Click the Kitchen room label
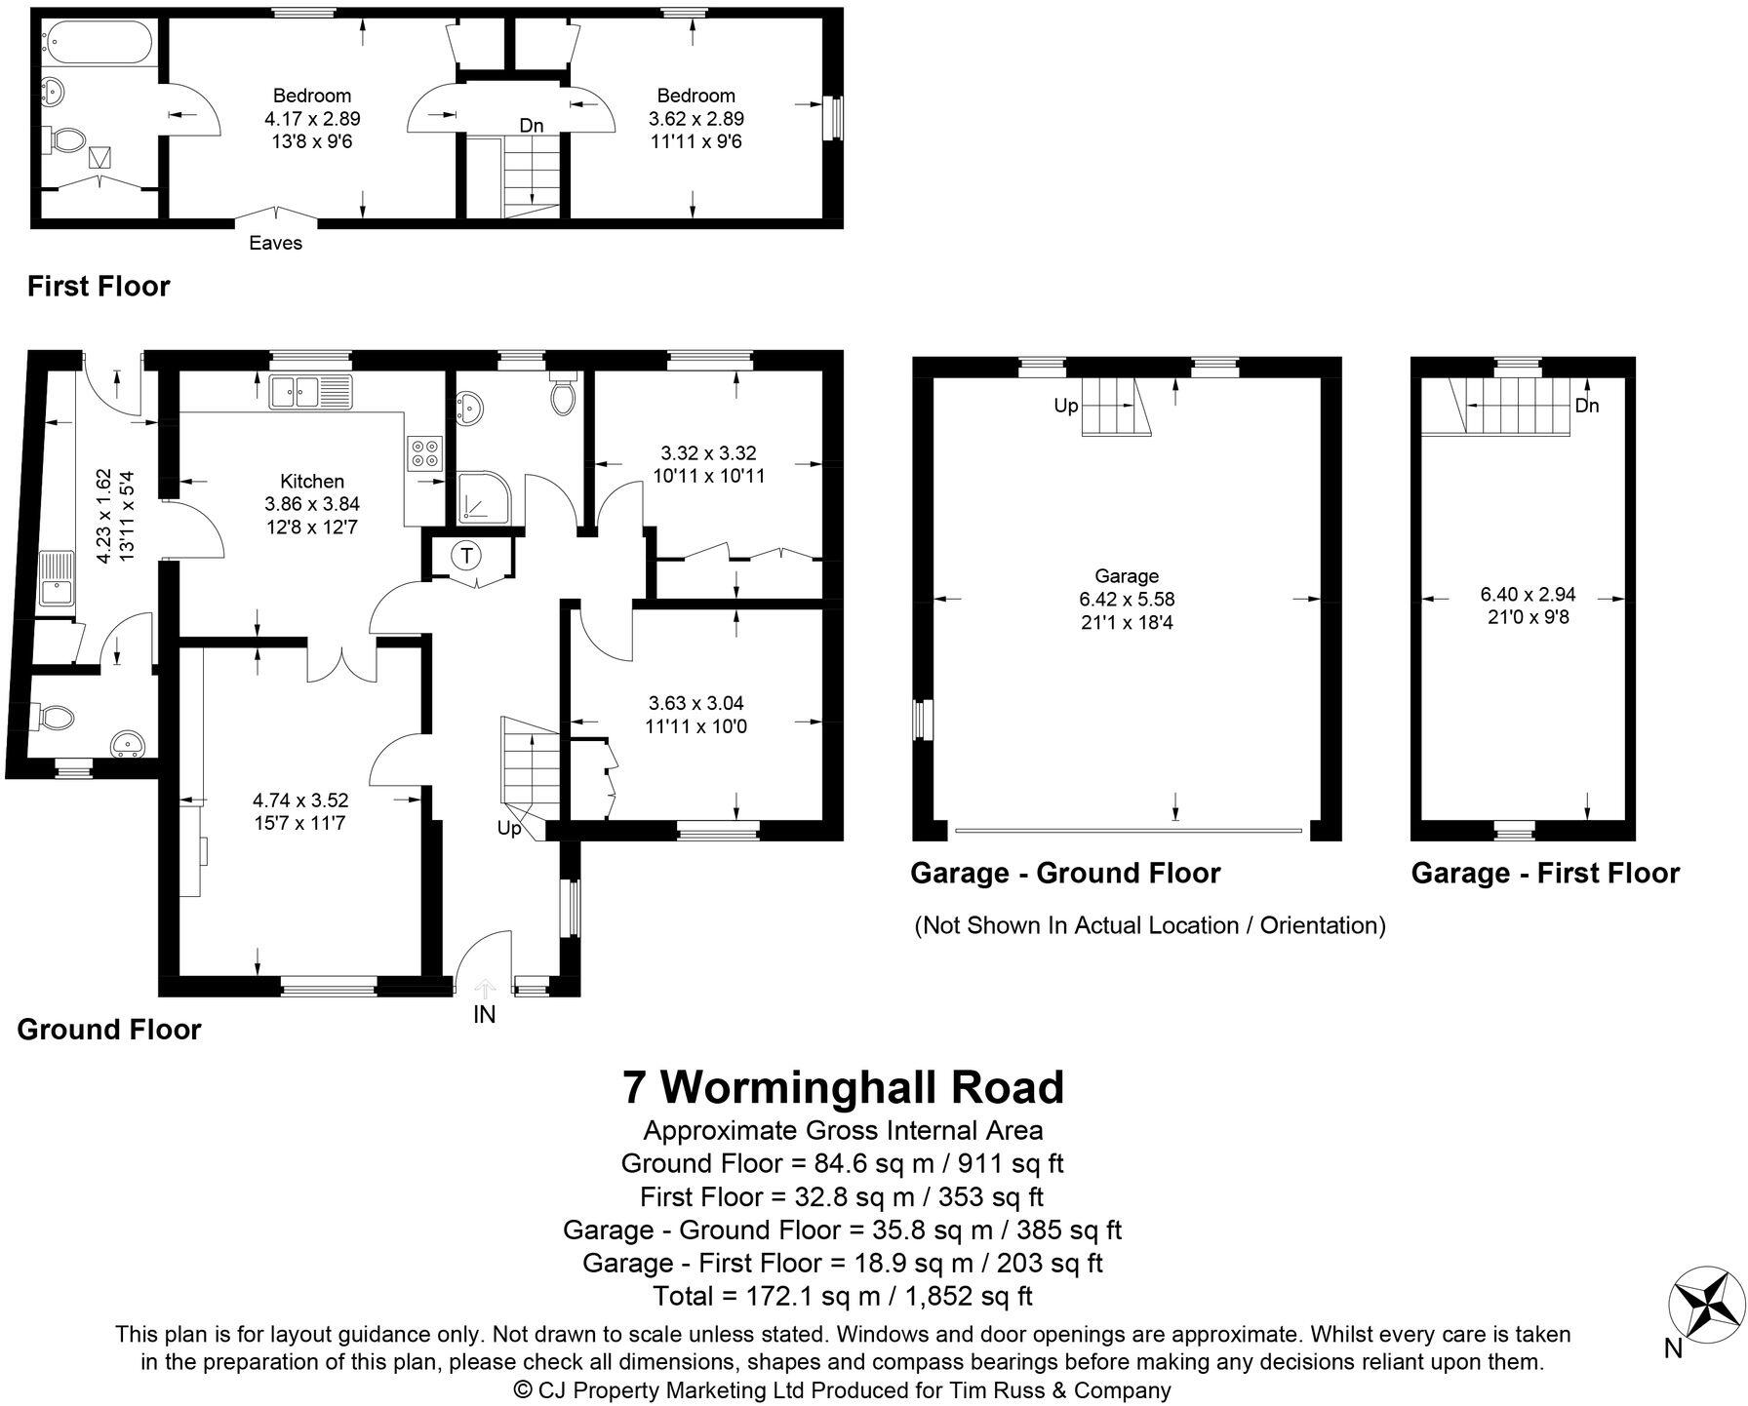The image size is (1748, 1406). [x=312, y=481]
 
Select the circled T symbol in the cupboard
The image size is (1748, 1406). [x=467, y=556]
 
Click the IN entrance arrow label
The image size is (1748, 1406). [x=485, y=1014]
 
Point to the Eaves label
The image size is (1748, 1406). [x=275, y=243]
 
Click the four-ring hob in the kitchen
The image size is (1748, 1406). [x=424, y=453]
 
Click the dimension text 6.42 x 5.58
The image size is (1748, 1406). [x=1127, y=599]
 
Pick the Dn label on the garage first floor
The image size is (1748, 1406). [x=1587, y=406]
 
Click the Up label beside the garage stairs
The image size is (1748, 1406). [x=1065, y=405]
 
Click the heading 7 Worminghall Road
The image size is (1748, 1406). [x=844, y=1086]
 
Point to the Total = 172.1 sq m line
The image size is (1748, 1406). [x=843, y=1296]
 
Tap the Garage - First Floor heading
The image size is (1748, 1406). [x=1545, y=873]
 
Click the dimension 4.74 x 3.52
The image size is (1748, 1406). [x=300, y=800]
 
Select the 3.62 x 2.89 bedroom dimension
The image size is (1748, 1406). [x=696, y=119]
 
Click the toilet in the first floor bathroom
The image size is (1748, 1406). [x=65, y=139]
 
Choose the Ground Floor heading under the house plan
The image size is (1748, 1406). [x=109, y=1030]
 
